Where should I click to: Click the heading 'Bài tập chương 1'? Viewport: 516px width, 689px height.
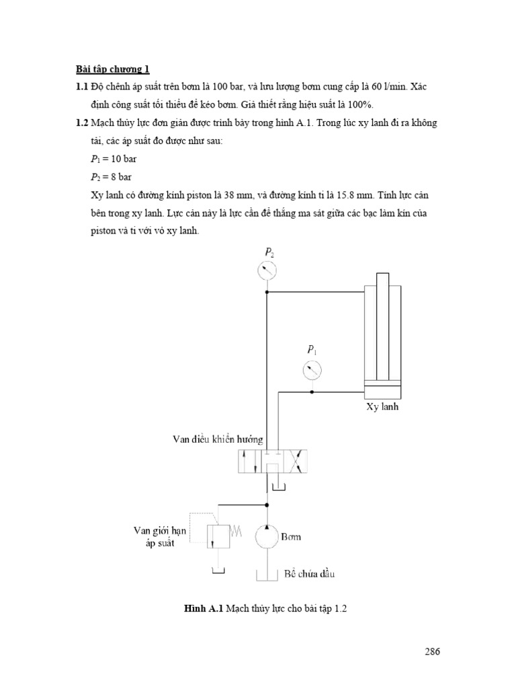[x=112, y=69]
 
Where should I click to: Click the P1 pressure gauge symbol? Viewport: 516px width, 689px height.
[x=311, y=369]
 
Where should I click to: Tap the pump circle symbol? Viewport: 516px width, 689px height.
[x=267, y=537]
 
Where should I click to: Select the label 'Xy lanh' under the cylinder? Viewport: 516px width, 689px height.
[x=382, y=407]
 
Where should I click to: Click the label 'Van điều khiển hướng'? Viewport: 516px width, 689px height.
[x=217, y=439]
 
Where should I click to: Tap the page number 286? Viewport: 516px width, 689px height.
[x=431, y=651]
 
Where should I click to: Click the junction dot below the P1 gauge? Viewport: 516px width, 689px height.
[x=311, y=392]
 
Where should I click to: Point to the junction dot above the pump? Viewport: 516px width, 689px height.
[x=267, y=504]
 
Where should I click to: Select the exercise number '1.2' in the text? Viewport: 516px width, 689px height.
[x=81, y=122]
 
